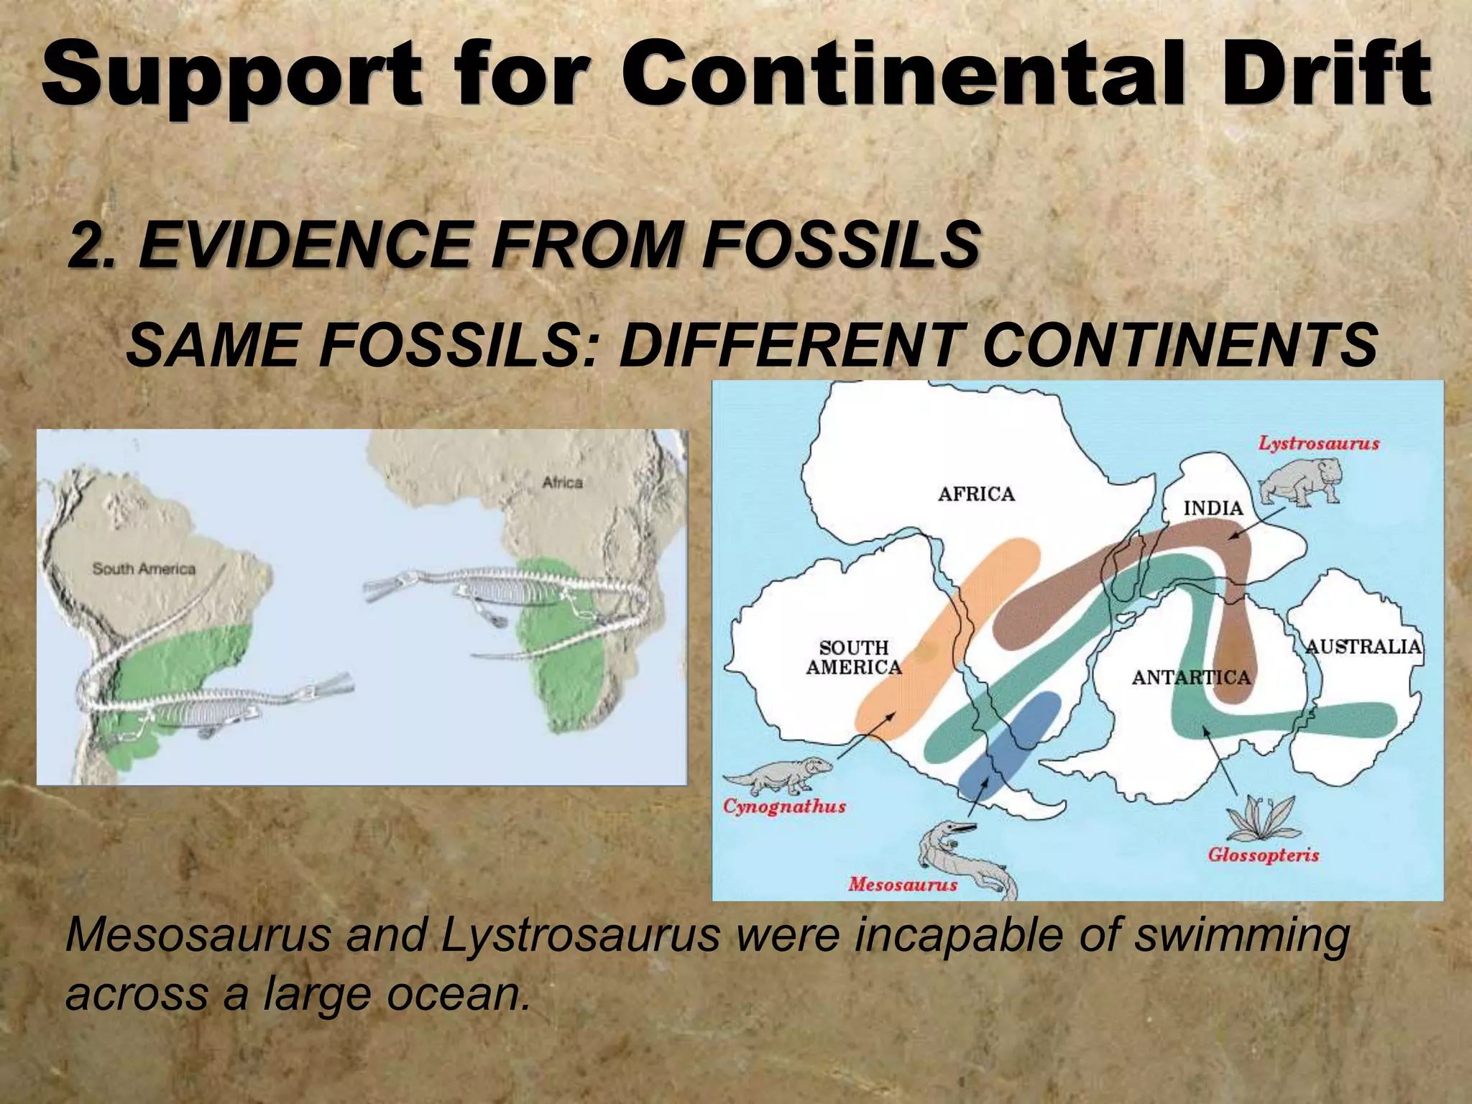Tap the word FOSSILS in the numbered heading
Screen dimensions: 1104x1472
(x=841, y=244)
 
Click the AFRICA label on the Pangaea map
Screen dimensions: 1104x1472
(x=976, y=494)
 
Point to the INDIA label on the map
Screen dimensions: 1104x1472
(x=1213, y=508)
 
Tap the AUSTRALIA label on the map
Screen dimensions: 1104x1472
(x=1363, y=646)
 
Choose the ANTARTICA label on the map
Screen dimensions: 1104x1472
(x=1191, y=677)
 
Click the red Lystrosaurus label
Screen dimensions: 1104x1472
(x=1318, y=443)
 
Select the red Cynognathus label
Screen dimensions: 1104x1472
(x=784, y=806)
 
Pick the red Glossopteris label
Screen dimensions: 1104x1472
(x=1263, y=855)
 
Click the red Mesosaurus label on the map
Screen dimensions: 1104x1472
(x=902, y=884)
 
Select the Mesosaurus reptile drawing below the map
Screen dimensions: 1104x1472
(x=963, y=859)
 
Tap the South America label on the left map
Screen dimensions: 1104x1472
(x=144, y=569)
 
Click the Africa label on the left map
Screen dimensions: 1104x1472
(x=562, y=482)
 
